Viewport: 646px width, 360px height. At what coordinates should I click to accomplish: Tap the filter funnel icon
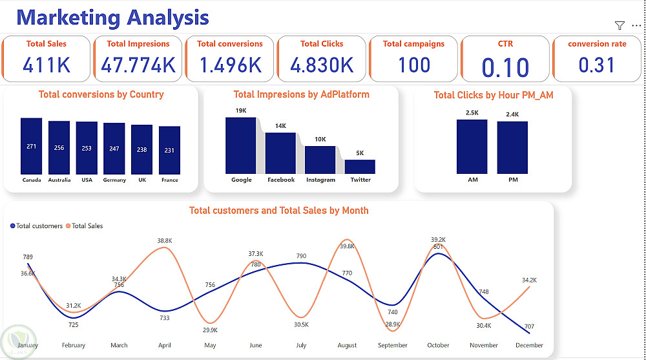(x=620, y=25)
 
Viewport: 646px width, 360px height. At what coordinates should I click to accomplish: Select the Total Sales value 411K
(x=46, y=65)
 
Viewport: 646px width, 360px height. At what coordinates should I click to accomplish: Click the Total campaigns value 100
(x=413, y=65)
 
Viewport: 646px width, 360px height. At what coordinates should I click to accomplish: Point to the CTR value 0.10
(x=505, y=67)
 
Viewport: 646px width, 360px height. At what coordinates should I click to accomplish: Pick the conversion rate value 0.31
(x=597, y=65)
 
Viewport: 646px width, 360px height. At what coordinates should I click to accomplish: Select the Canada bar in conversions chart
(x=31, y=145)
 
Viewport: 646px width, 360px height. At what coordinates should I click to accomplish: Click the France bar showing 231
(x=169, y=150)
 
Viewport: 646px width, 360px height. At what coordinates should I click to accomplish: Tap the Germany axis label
(x=114, y=180)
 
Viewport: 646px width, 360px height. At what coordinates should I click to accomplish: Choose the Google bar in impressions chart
(x=241, y=145)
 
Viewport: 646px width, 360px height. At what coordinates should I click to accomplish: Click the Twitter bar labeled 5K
(x=360, y=167)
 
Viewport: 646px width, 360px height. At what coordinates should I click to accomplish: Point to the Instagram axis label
(x=320, y=180)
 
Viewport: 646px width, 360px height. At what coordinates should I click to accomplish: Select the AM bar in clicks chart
(x=472, y=147)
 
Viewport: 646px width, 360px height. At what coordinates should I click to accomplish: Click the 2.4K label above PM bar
(x=512, y=114)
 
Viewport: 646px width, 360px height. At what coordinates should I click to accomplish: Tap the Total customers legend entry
(x=37, y=226)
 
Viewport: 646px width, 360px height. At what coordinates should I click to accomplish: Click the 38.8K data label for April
(x=165, y=241)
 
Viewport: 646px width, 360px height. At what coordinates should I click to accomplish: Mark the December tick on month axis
(x=529, y=345)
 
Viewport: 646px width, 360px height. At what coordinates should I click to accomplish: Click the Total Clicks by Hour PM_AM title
(x=493, y=95)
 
